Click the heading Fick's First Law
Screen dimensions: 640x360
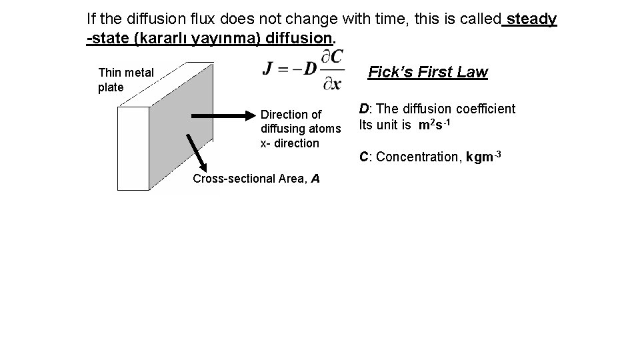[x=428, y=72]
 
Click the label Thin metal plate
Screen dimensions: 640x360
[x=125, y=80]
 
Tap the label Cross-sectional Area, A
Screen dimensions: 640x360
[x=256, y=178]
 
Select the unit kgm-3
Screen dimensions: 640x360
[x=485, y=157]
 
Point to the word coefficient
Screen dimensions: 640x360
[x=484, y=109]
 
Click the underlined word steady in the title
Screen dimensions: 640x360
[x=531, y=19]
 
